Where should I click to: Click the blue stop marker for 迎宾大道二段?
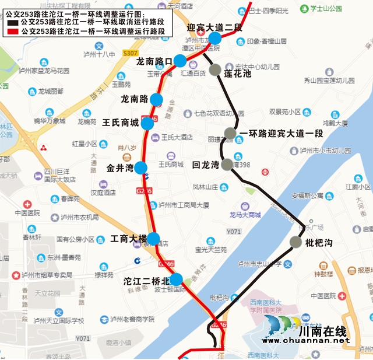(x=215, y=39)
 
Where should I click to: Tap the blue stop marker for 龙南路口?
(x=180, y=61)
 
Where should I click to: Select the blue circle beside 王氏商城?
(x=149, y=123)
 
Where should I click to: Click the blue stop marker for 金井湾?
(x=141, y=168)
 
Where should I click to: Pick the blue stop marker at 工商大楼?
(x=153, y=239)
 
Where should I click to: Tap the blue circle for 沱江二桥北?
(x=175, y=280)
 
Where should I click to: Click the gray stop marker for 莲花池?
(x=215, y=70)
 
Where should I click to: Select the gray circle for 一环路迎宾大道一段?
(x=230, y=134)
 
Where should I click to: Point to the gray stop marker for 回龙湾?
(x=227, y=165)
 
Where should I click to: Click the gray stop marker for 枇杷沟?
(x=296, y=242)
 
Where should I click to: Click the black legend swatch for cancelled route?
(x=13, y=21)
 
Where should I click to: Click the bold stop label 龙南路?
(x=135, y=99)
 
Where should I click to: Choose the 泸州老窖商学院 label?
(x=132, y=319)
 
